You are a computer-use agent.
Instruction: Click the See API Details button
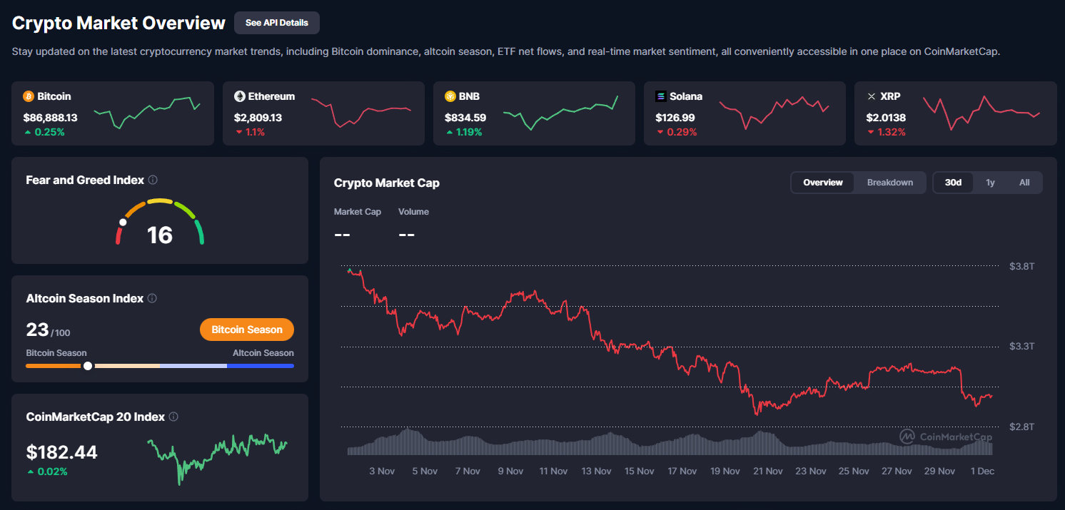tap(276, 23)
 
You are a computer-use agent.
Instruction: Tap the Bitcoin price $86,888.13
tap(50, 117)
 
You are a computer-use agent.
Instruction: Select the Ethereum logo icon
tap(240, 96)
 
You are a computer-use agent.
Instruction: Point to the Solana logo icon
tap(661, 96)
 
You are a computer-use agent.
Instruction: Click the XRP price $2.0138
tap(886, 117)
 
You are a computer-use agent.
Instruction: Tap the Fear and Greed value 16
tap(160, 235)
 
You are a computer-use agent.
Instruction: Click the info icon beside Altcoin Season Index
tap(152, 299)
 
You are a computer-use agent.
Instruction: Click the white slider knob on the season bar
tap(88, 366)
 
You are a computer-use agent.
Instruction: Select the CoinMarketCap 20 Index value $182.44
tap(62, 452)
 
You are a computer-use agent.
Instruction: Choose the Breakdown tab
tap(889, 183)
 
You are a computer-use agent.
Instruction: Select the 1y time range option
tap(990, 183)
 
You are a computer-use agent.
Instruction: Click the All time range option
tap(1024, 183)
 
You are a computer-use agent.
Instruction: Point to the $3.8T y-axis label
tap(1021, 266)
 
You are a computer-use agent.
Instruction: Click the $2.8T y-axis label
tap(1021, 427)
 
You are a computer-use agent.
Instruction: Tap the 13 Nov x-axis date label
tap(596, 471)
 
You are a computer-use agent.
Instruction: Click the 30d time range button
tap(953, 183)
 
